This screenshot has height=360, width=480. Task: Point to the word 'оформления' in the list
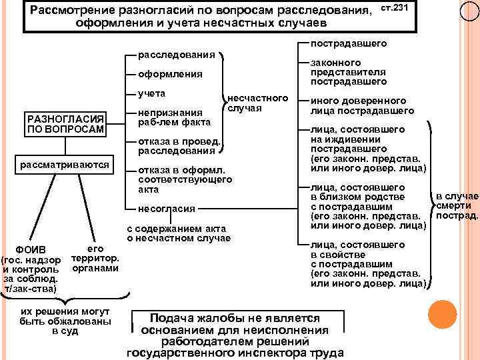(x=171, y=74)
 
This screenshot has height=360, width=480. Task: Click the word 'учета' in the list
(x=151, y=93)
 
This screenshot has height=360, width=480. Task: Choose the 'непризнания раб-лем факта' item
(x=174, y=117)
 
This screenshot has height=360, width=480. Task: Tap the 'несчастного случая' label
(x=257, y=103)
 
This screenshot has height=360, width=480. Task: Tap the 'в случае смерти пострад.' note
(x=457, y=206)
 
